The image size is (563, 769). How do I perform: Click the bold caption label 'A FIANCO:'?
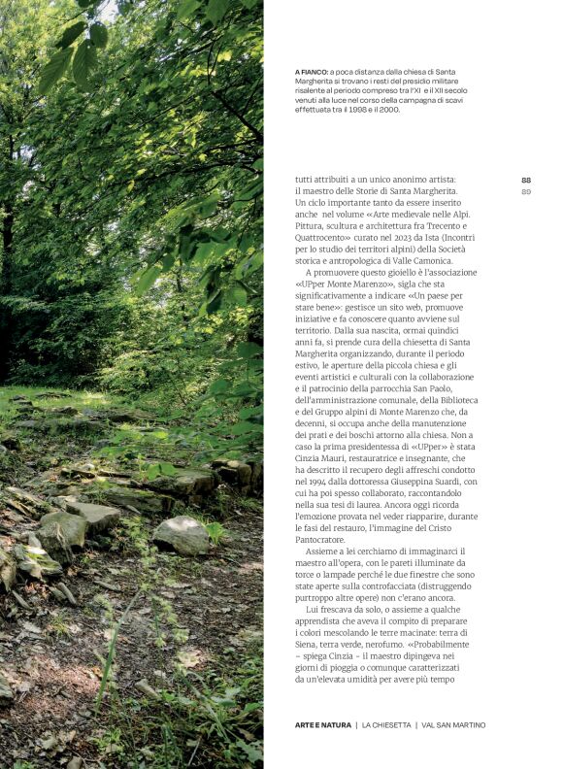coord(311,72)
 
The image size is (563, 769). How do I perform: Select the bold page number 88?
coord(526,180)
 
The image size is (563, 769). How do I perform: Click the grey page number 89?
coord(526,191)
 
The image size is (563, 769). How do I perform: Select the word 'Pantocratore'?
coord(324,540)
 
